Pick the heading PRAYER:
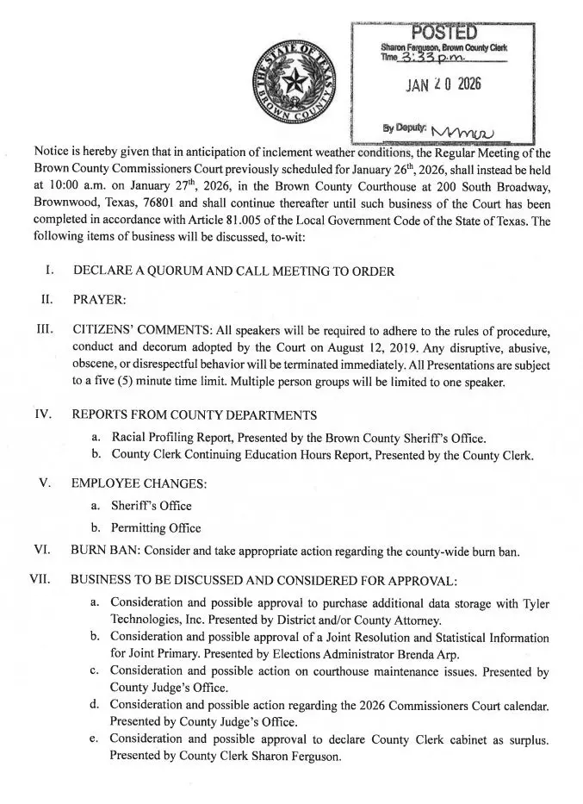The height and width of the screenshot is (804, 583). (x=99, y=300)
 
